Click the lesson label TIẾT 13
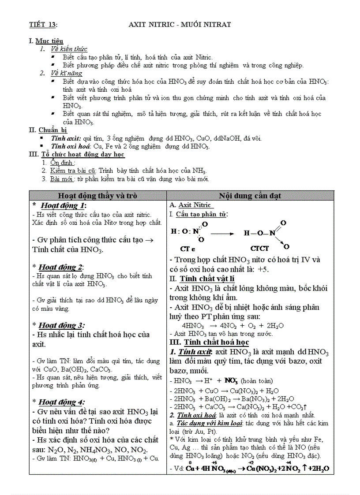(43, 24)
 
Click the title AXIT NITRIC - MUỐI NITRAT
(180, 24)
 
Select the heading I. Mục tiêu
(46, 41)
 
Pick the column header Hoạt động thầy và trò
(98, 196)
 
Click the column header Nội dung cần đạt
(250, 196)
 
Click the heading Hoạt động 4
(61, 402)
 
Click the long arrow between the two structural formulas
(222, 234)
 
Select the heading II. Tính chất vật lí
(202, 279)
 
